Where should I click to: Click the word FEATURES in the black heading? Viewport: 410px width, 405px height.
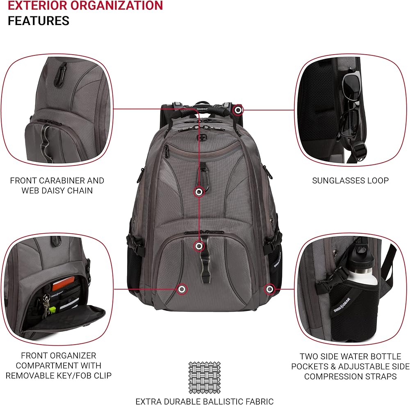coord(39,21)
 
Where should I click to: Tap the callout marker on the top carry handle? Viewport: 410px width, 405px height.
coord(238,110)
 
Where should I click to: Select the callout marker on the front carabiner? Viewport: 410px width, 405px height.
coord(199,192)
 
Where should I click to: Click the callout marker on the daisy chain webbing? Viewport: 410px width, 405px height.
coord(199,246)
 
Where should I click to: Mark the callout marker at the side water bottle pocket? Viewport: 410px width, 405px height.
coord(269,289)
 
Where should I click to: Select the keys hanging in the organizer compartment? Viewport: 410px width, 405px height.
coord(47,305)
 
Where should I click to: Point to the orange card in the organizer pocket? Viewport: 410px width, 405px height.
coord(63,283)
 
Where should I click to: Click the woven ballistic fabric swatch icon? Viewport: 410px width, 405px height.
coord(205,377)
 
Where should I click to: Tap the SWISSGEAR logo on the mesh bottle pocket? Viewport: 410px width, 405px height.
coord(342,305)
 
